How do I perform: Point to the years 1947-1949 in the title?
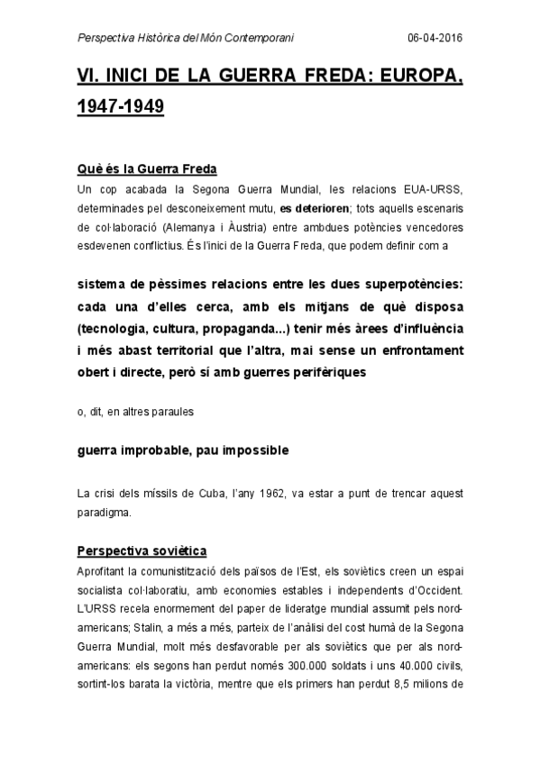coord(121,107)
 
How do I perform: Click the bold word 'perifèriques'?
coord(323,370)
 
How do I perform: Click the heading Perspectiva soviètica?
coord(142,550)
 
